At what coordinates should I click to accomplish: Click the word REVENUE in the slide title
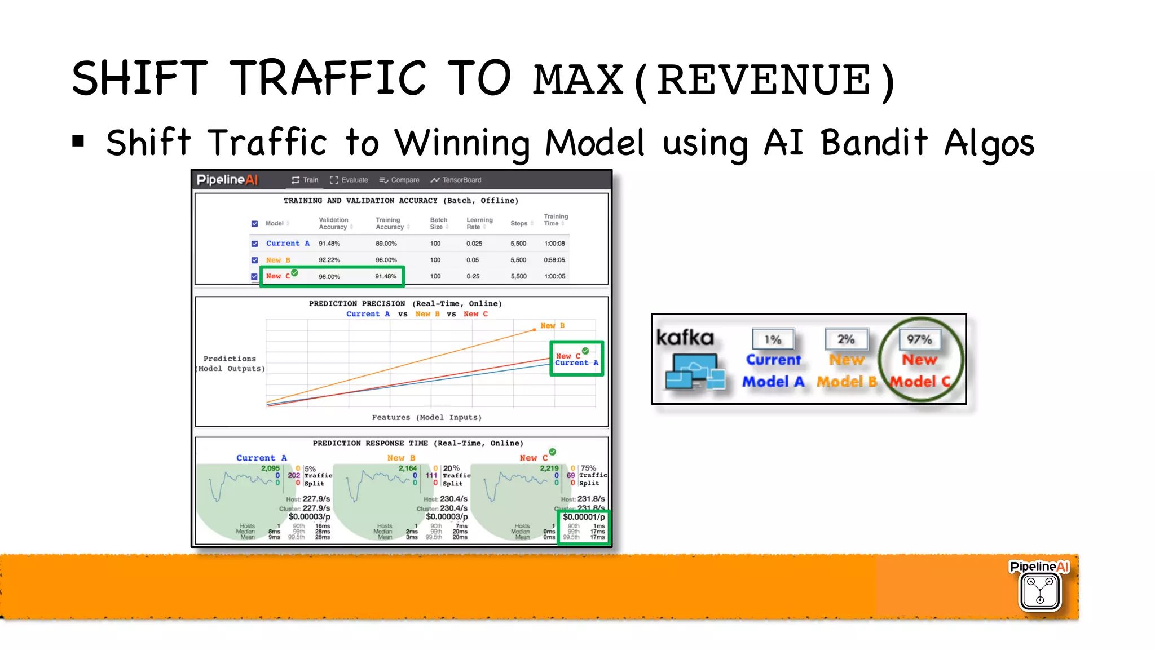[764, 81]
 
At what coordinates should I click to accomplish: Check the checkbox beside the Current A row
[254, 244]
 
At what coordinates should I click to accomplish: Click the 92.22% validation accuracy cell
[329, 260]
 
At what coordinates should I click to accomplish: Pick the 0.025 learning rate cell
[474, 244]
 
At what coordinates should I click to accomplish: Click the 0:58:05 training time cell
[554, 260]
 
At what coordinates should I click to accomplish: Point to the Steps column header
[519, 223]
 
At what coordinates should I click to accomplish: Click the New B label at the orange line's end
[552, 326]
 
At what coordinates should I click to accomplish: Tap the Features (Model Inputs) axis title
[426, 417]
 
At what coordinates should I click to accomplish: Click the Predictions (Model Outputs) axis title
[230, 364]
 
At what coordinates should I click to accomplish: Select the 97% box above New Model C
[919, 339]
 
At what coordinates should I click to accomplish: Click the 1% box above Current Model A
[773, 339]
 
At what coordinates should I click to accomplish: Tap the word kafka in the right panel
[685, 338]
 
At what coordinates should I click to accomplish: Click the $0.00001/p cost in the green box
[584, 517]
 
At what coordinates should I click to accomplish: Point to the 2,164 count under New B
[407, 468]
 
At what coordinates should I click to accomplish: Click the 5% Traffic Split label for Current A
[318, 476]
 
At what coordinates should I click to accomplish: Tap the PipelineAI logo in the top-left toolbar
[227, 180]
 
